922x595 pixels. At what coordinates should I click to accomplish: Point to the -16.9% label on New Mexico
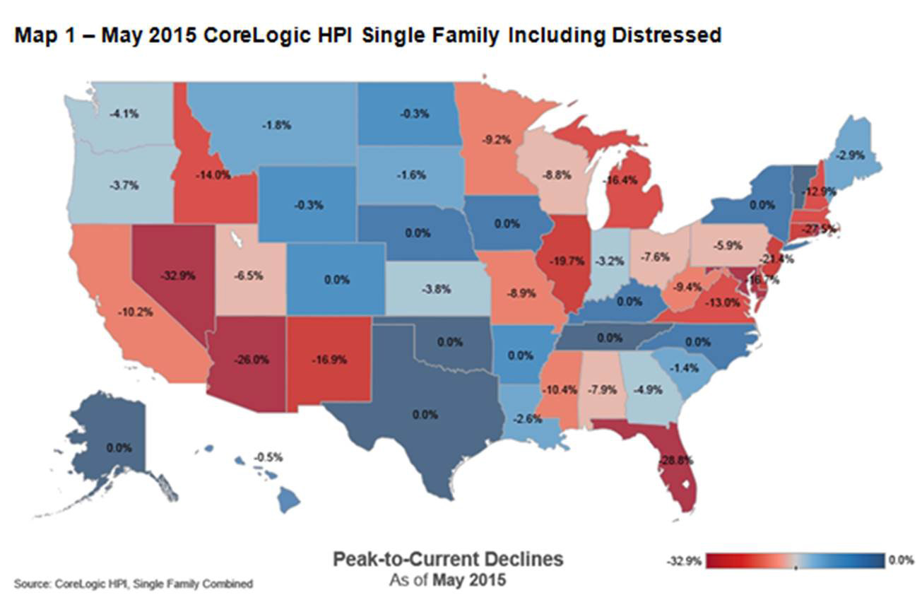(x=329, y=359)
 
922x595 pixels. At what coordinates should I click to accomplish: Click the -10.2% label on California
(x=136, y=311)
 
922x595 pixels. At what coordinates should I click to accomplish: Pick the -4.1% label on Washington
(x=119, y=113)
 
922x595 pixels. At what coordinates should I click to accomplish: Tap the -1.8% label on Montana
(x=280, y=125)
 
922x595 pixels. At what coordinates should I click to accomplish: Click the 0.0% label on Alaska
(x=118, y=448)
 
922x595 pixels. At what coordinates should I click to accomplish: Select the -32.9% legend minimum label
(x=683, y=562)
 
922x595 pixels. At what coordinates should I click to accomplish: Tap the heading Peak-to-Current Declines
(x=448, y=559)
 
